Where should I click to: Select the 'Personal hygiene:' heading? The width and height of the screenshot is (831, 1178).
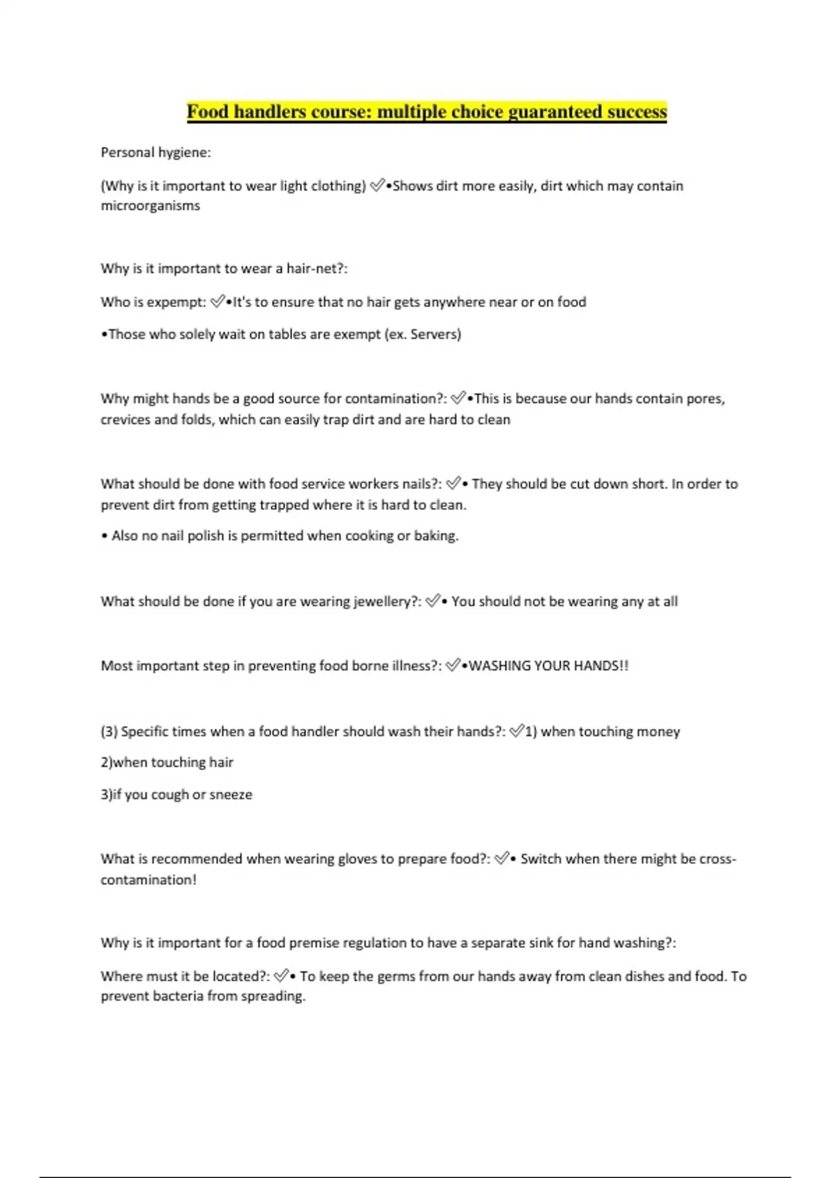coord(156,152)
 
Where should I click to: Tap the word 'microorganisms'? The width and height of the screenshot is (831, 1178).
coord(150,206)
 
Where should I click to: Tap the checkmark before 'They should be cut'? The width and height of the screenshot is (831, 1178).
coord(454,483)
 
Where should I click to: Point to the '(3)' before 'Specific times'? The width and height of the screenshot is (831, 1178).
coord(109,732)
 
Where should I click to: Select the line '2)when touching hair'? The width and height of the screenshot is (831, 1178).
coord(167,763)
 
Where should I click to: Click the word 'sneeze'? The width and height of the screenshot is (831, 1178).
coord(231,795)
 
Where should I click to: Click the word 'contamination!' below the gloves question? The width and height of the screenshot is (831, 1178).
coord(148,880)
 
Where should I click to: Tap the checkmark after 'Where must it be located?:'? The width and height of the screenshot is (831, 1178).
coord(280,976)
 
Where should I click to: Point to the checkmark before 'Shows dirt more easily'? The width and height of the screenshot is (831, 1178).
coord(377,185)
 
